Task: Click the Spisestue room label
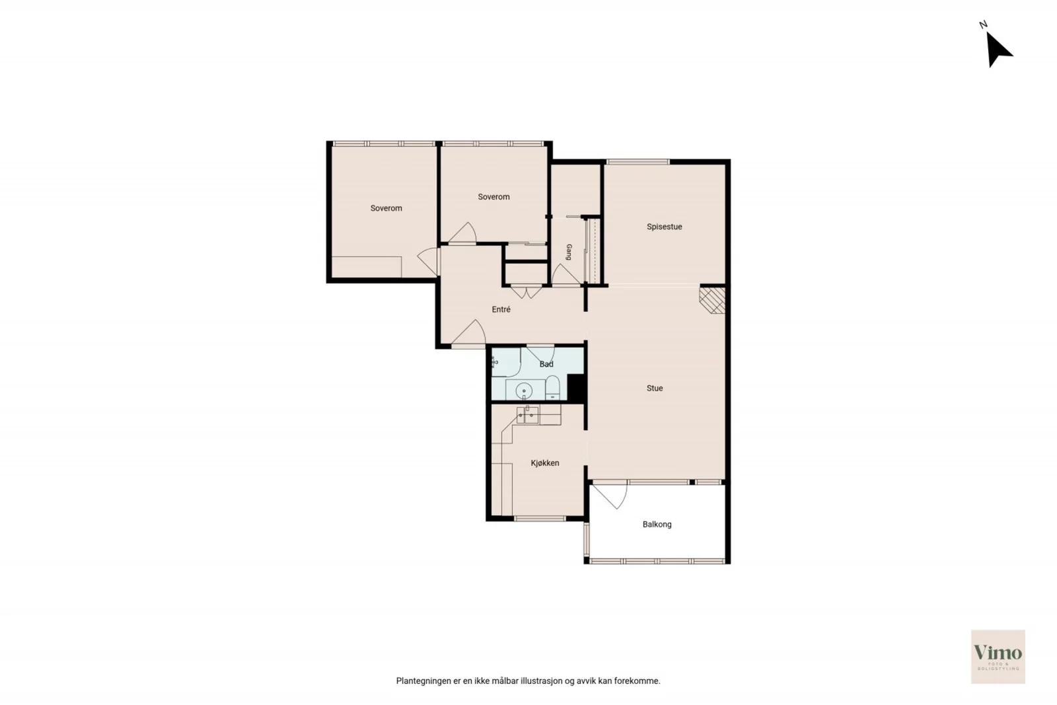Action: [x=664, y=227]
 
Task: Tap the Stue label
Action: [x=655, y=388]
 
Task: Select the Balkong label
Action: [x=657, y=524]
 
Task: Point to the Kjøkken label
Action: [x=544, y=463]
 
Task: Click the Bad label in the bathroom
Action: [x=546, y=364]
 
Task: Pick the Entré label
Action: [x=501, y=309]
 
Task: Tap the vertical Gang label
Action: [x=569, y=252]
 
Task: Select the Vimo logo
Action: [x=998, y=656]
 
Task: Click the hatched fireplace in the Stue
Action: [x=713, y=300]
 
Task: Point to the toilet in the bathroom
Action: [x=552, y=387]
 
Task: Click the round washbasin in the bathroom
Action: [x=524, y=390]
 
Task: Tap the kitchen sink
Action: [x=528, y=415]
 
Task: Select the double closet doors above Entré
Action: [x=526, y=291]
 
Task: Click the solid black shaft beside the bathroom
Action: [x=576, y=388]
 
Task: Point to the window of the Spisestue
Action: [x=638, y=162]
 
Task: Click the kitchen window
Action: [x=540, y=519]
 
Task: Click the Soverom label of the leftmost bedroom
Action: [x=386, y=208]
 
